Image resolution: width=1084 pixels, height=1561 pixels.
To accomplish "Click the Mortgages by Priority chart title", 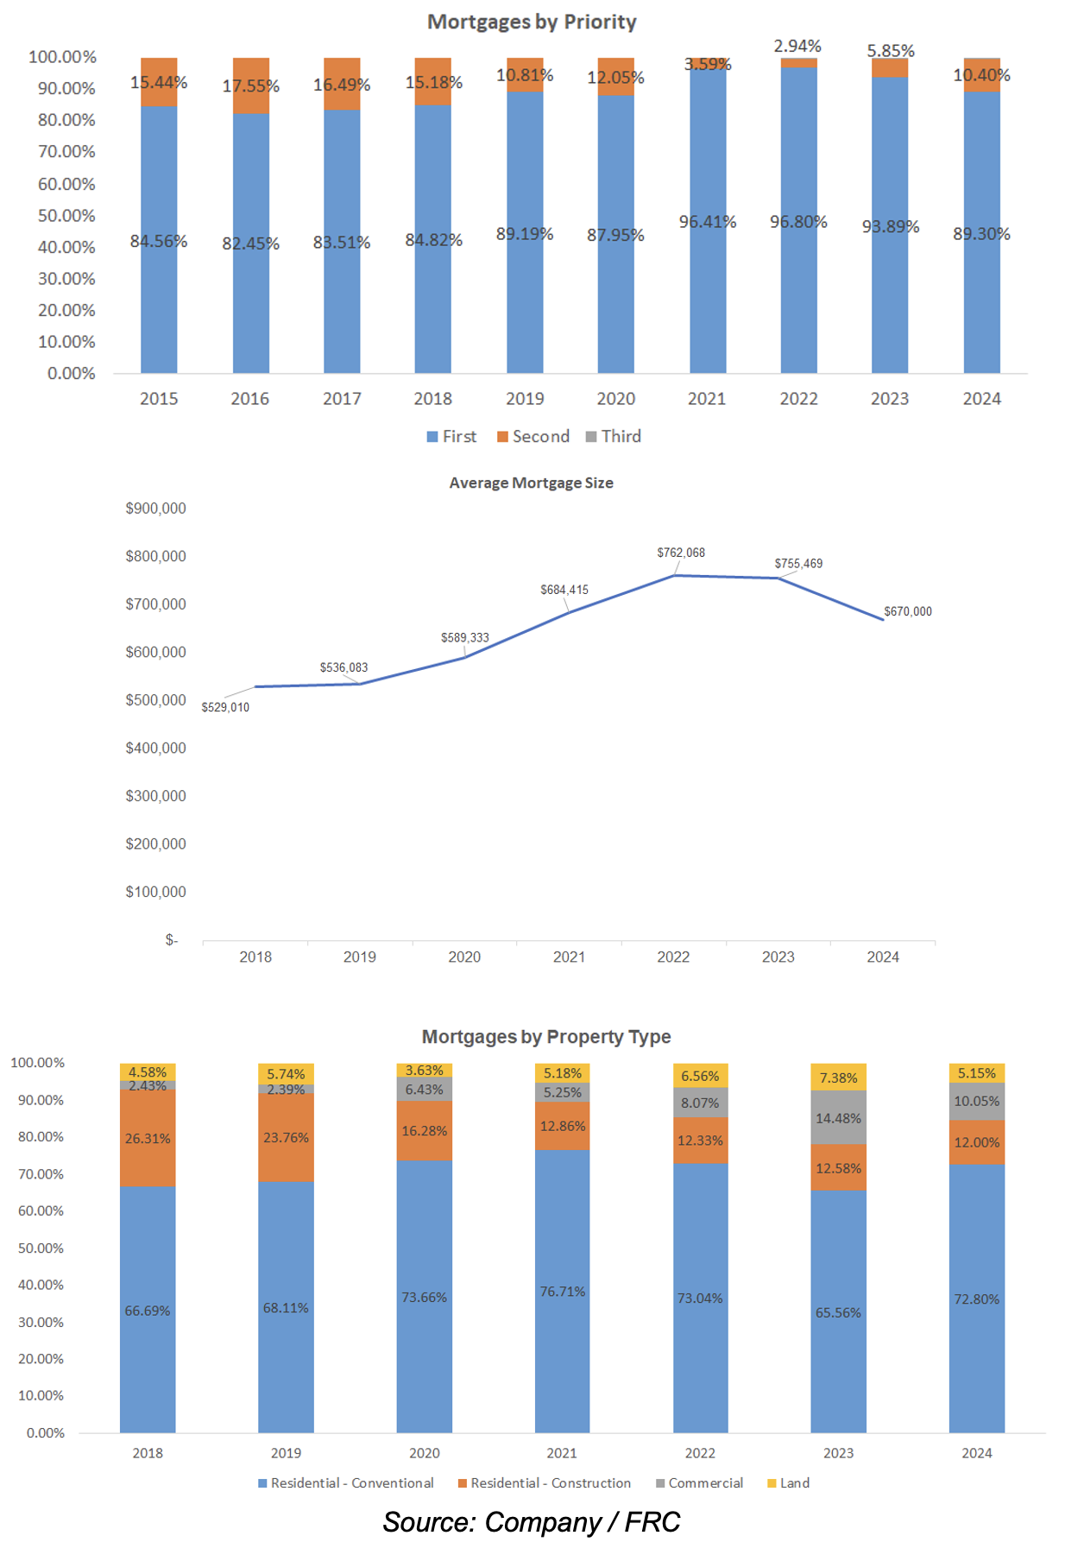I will click(x=532, y=22).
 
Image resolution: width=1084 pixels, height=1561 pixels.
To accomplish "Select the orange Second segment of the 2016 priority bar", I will click(x=250, y=85).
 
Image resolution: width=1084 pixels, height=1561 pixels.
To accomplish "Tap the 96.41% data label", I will click(x=707, y=222).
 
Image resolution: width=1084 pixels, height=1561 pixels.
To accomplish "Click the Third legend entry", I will click(x=614, y=436).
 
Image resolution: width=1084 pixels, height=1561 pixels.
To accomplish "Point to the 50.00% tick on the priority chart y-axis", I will click(x=66, y=215).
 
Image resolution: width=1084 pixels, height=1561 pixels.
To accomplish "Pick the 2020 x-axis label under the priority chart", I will click(x=615, y=399).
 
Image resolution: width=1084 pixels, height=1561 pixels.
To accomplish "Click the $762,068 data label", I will click(x=681, y=553).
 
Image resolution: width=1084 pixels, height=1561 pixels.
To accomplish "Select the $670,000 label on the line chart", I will click(x=907, y=611).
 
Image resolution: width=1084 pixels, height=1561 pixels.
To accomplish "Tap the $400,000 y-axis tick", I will click(x=155, y=748).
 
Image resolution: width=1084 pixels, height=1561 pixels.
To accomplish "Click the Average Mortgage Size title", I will click(x=531, y=483).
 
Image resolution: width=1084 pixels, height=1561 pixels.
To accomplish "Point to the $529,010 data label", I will click(x=225, y=707).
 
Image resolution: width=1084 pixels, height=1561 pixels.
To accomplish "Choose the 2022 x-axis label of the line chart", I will click(x=673, y=957).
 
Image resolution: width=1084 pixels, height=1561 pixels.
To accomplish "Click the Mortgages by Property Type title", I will click(x=545, y=1036).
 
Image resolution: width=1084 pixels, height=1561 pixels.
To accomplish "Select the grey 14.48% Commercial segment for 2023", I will click(x=838, y=1118).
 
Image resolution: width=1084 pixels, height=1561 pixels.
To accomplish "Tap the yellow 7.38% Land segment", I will click(x=838, y=1078).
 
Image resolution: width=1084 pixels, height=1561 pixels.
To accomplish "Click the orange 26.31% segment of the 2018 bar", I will click(x=148, y=1138).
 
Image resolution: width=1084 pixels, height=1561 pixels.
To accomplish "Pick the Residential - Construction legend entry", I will click(x=545, y=1482).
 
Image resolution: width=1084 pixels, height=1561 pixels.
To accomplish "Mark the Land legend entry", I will click(x=789, y=1482).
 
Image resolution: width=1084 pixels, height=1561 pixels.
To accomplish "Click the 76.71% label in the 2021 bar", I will click(x=563, y=1292).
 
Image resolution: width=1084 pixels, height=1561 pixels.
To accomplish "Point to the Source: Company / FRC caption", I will click(x=532, y=1521).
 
